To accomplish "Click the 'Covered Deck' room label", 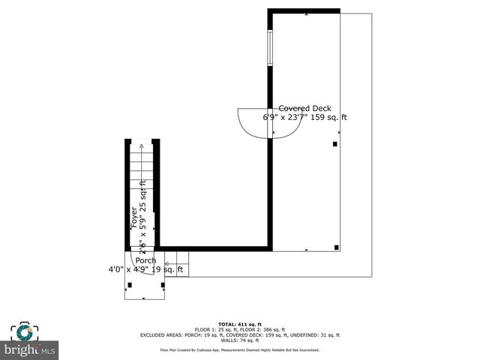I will click(x=304, y=108).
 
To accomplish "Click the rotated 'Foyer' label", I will click(x=135, y=217).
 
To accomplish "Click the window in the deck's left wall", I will click(x=270, y=49).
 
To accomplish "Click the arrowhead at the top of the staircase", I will click(x=141, y=146).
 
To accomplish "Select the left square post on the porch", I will click(x=130, y=284).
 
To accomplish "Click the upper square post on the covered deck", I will click(x=335, y=143).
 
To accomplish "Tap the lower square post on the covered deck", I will click(x=337, y=247).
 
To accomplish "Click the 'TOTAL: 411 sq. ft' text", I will click(x=239, y=322).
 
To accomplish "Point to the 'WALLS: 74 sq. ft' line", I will click(x=239, y=340).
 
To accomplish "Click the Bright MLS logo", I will click(x=30, y=349).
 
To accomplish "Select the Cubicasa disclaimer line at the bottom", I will click(x=239, y=350).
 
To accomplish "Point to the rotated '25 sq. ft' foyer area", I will click(x=143, y=194).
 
